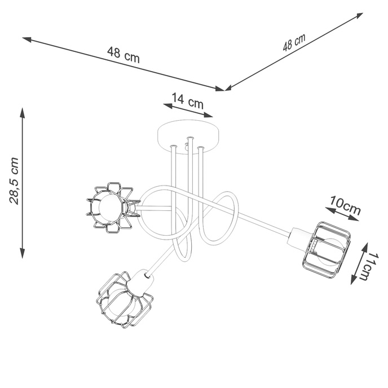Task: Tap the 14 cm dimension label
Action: [x=188, y=102]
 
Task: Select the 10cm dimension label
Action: [x=345, y=204]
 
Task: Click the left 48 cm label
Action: [x=123, y=55]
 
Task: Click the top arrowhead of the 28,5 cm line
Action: [x=23, y=110]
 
